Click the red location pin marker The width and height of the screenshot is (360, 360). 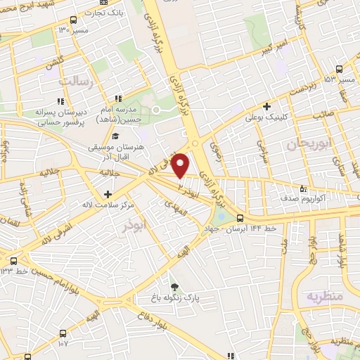pos(181,166)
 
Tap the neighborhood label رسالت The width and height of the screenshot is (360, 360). pos(76,82)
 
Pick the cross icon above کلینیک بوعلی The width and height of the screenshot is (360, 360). pos(266,105)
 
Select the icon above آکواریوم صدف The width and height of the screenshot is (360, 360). pos(304,188)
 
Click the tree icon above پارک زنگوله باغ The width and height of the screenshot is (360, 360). pos(174,286)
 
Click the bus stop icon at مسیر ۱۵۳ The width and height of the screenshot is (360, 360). pos(340,68)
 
